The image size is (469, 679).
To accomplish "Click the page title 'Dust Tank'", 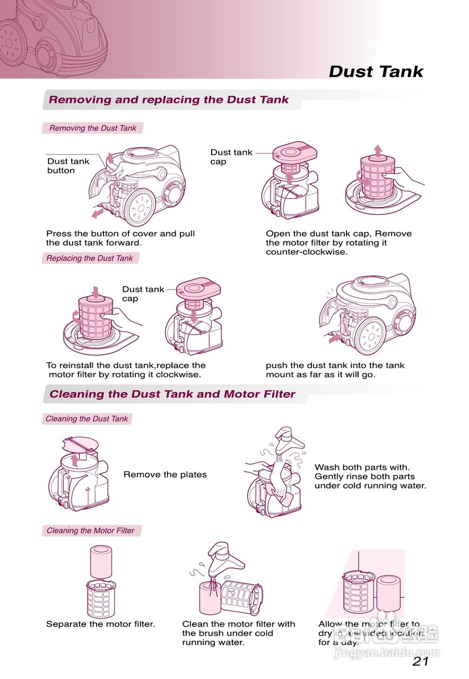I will (376, 72).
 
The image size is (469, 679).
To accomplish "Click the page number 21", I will (420, 661).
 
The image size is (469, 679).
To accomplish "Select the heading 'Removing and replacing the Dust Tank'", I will (169, 100).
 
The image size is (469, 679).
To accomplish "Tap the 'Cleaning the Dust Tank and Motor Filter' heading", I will (172, 394).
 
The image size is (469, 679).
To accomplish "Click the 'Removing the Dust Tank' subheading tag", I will (92, 128).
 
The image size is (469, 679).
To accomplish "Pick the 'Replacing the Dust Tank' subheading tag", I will (90, 258).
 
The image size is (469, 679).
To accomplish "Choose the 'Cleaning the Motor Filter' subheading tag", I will (91, 530).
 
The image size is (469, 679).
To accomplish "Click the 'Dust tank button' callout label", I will (68, 166).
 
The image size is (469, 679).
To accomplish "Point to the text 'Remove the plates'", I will (165, 474).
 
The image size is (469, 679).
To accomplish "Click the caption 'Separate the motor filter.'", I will (100, 624).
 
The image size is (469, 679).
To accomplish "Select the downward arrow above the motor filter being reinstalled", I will (95, 291).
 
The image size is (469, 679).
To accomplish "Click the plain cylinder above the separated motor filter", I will (101, 562).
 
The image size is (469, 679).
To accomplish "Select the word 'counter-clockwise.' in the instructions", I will (306, 252).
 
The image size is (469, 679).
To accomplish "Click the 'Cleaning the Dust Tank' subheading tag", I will (86, 419).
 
